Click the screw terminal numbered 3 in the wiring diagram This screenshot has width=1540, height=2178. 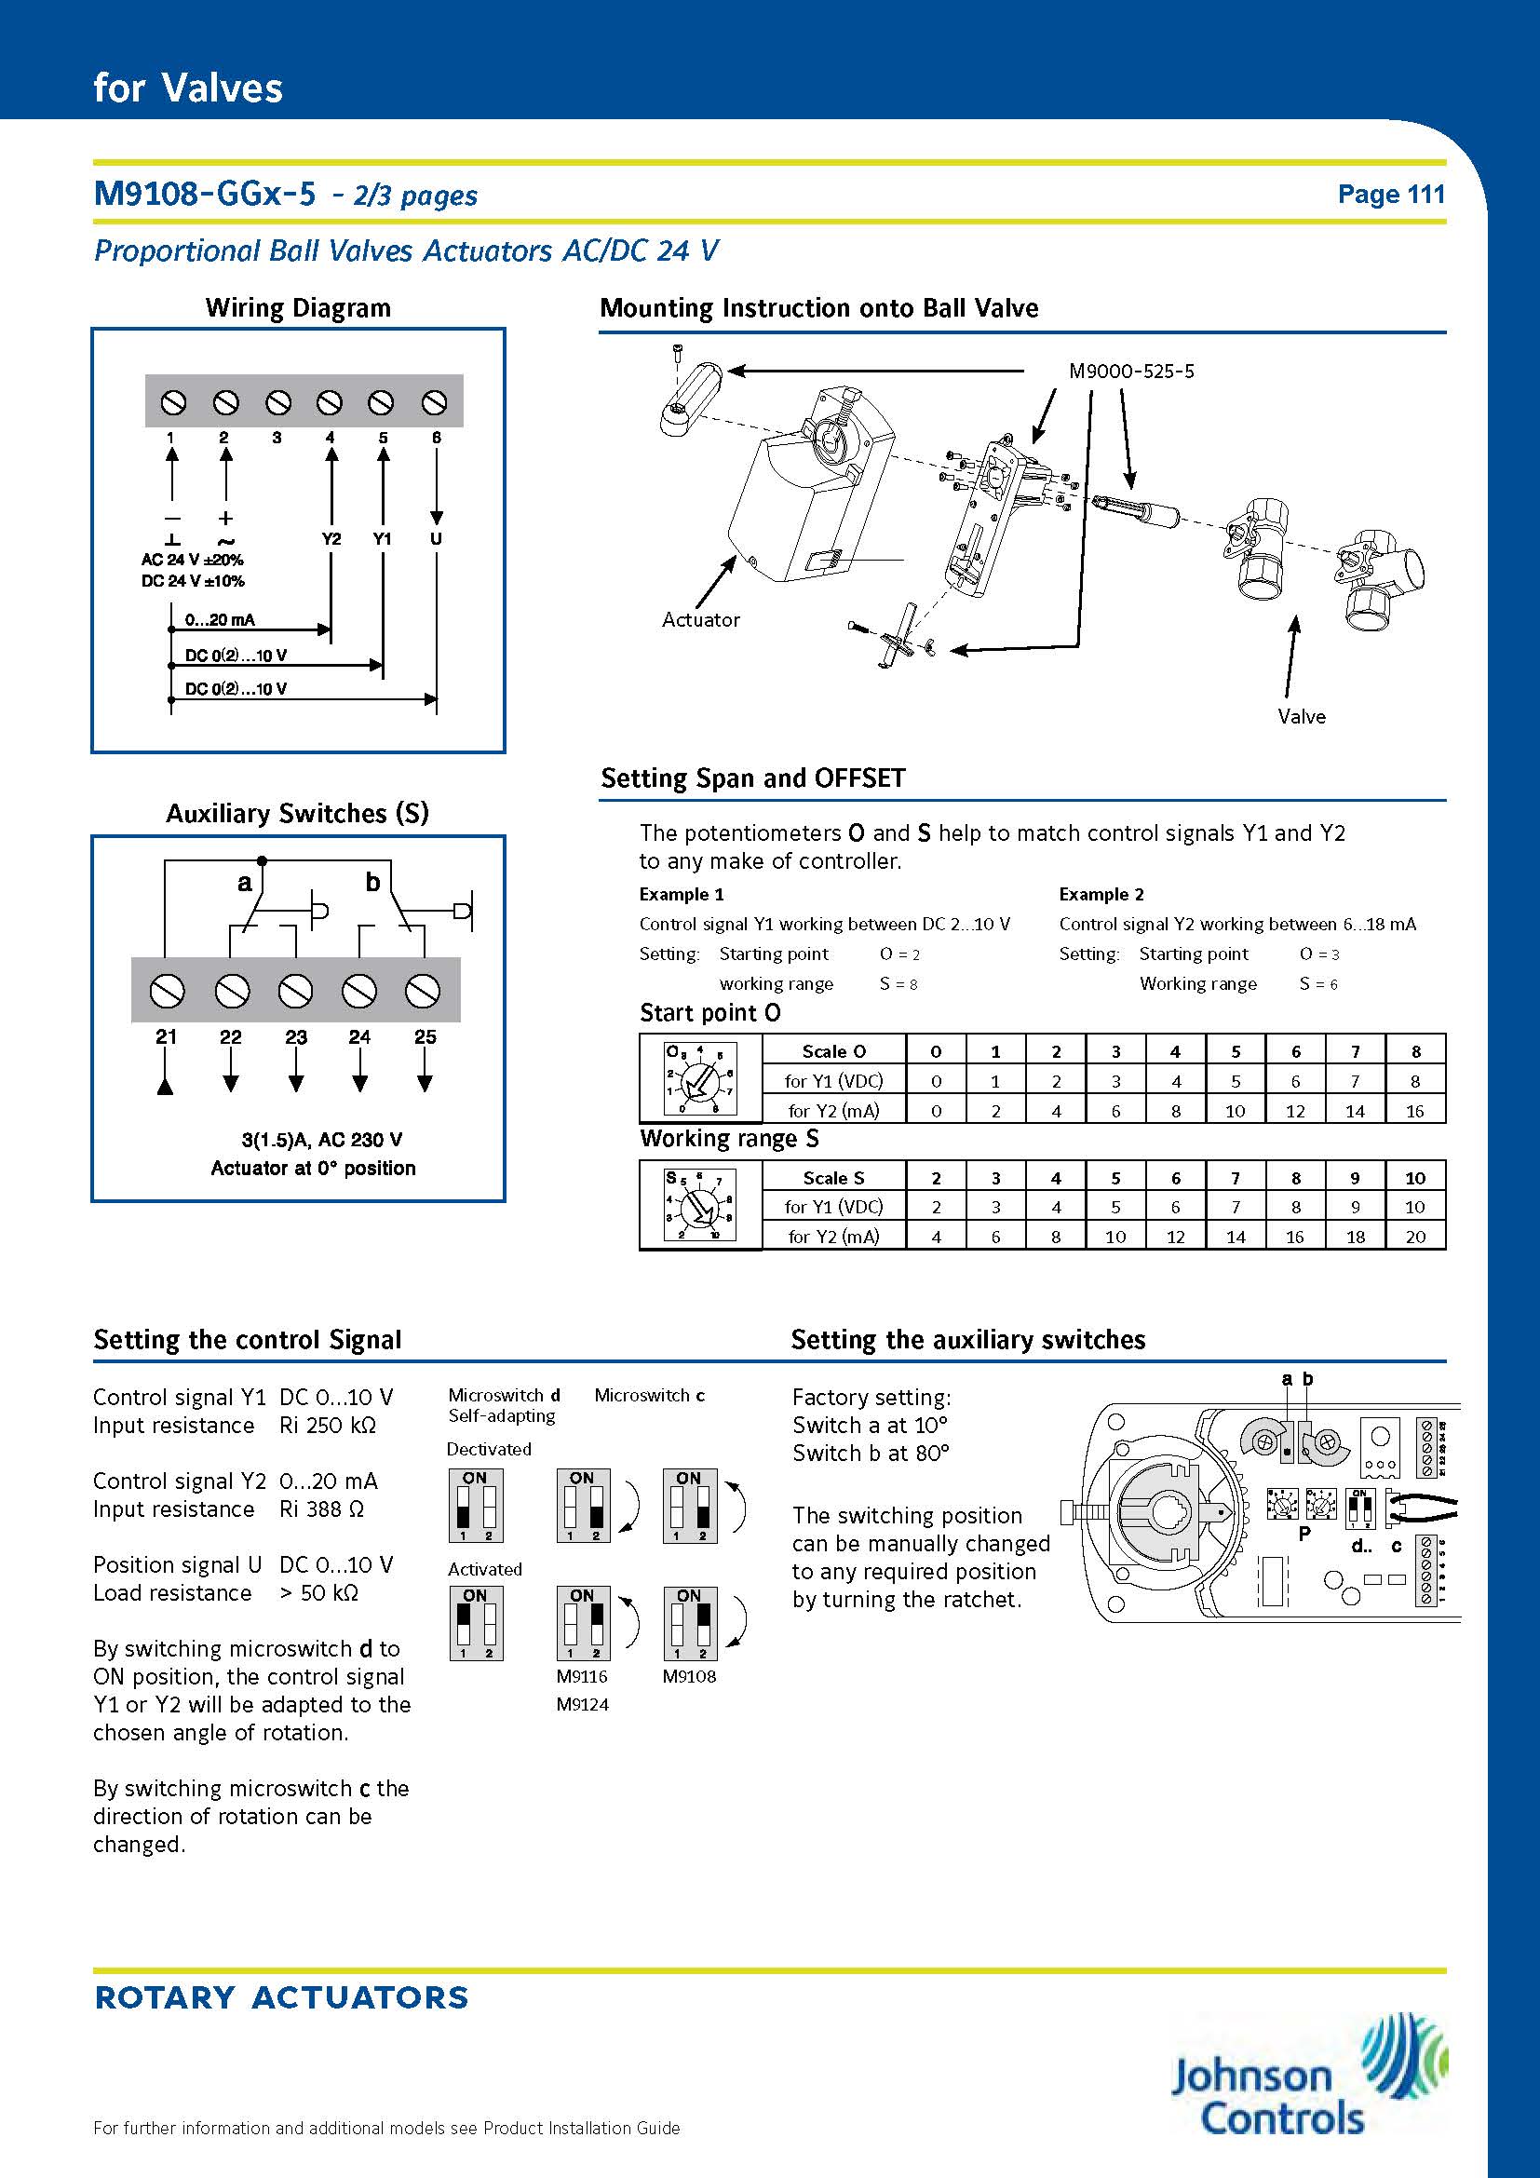277,403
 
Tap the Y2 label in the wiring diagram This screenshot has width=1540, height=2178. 331,538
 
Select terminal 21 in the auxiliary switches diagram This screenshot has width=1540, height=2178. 167,993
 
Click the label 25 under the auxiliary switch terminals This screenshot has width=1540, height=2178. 425,1036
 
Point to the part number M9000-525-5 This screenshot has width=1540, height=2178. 1131,371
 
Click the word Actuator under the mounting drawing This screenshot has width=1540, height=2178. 701,619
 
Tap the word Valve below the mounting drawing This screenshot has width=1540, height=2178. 1301,716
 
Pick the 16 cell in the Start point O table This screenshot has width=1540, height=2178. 1415,1111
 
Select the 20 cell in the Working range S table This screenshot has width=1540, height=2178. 1415,1236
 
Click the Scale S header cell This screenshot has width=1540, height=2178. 833,1177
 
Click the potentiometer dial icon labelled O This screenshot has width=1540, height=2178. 701,1078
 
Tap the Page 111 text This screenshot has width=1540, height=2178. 1390,194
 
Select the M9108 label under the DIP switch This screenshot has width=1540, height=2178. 689,1676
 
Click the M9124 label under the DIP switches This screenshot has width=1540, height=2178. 582,1704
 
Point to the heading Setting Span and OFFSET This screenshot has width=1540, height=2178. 753,778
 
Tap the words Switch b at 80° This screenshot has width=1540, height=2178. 871,1453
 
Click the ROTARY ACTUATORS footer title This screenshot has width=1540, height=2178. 281,1997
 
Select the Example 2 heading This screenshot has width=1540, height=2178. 1101,894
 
